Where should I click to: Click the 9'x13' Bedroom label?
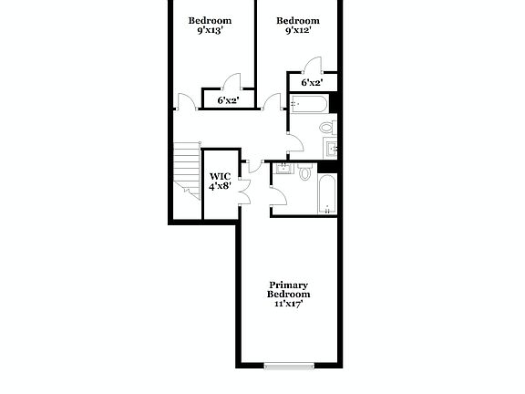[x=210, y=26]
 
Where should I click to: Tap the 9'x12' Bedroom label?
[x=298, y=26]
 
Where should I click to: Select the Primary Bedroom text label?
[x=289, y=294]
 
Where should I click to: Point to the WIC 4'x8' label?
[x=220, y=181]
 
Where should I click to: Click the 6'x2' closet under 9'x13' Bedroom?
[x=228, y=99]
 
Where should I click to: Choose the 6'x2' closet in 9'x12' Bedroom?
[x=312, y=83]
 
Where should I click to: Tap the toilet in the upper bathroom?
[x=325, y=128]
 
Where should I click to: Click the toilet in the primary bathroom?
[x=305, y=171]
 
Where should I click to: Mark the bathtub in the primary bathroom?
[x=326, y=194]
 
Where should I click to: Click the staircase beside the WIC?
[x=187, y=170]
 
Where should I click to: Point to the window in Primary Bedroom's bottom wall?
[x=289, y=366]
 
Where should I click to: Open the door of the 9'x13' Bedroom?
[x=185, y=101]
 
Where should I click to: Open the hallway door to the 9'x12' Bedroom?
[x=271, y=101]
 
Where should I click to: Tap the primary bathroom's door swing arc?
[x=278, y=199]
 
